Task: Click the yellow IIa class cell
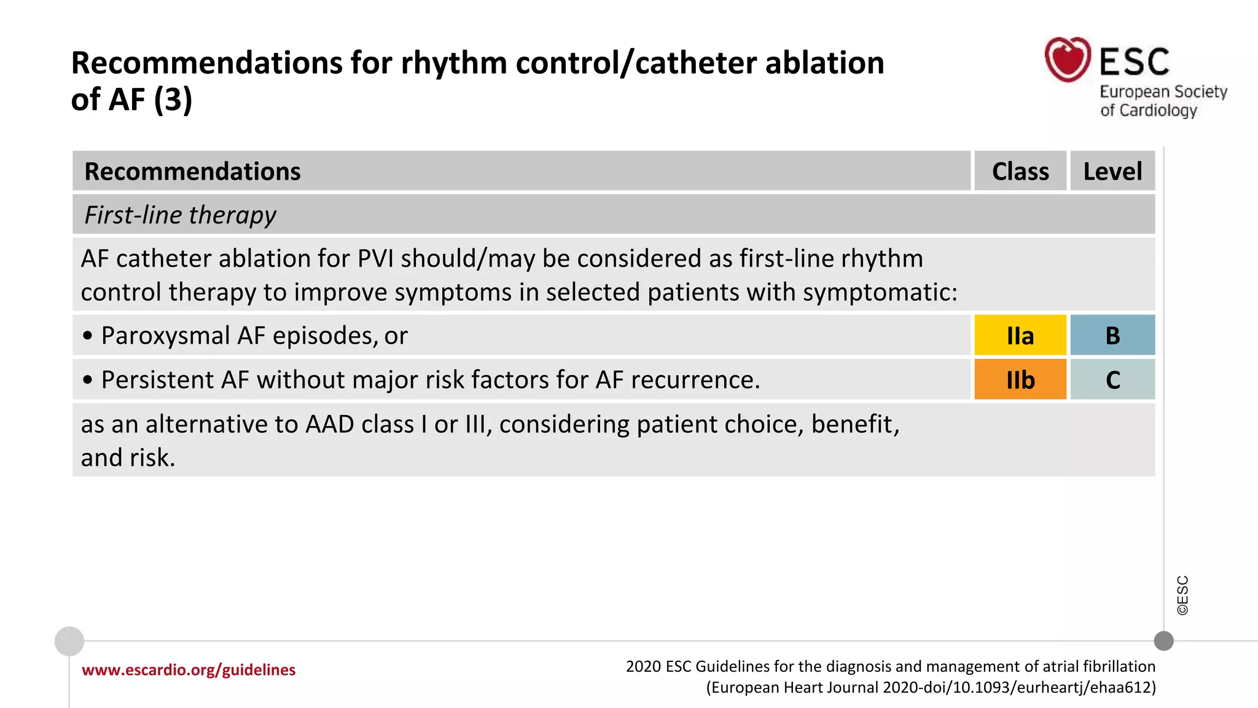click(x=1020, y=336)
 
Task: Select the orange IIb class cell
click(x=1020, y=380)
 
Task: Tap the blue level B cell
click(x=1112, y=336)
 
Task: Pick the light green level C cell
click(x=1112, y=380)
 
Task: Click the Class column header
click(x=1020, y=171)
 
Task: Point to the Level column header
click(x=1112, y=171)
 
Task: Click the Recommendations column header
click(x=192, y=171)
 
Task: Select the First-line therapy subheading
click(x=180, y=215)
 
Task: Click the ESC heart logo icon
click(x=1068, y=60)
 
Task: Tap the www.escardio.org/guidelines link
click(x=189, y=670)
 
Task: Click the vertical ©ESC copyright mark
click(x=1182, y=595)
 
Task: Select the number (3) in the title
click(x=173, y=99)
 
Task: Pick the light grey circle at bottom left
click(x=69, y=641)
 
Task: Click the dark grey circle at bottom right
click(x=1163, y=641)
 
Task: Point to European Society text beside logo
click(x=1163, y=92)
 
